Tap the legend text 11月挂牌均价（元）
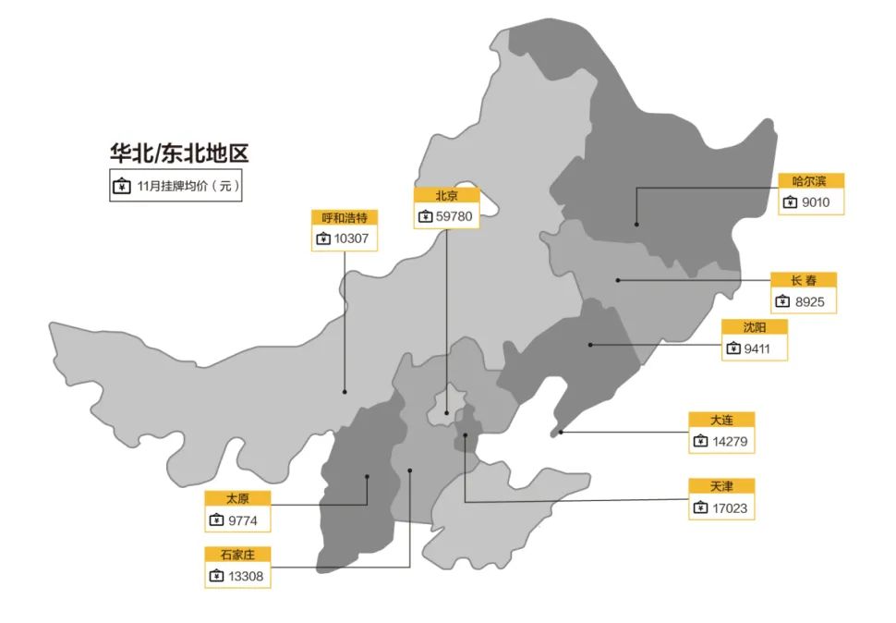(x=188, y=187)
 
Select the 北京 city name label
(x=447, y=195)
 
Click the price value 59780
(x=454, y=216)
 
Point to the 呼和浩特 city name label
(x=345, y=217)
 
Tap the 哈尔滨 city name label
(x=810, y=181)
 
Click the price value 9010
(x=816, y=202)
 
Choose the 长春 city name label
(x=803, y=280)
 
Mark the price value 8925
(x=809, y=301)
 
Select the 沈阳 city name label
(x=754, y=327)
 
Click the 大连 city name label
(x=721, y=420)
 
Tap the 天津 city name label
(x=721, y=486)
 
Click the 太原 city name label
(x=237, y=498)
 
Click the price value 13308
(x=246, y=576)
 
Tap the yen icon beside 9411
(x=733, y=348)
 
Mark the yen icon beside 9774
(x=216, y=520)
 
